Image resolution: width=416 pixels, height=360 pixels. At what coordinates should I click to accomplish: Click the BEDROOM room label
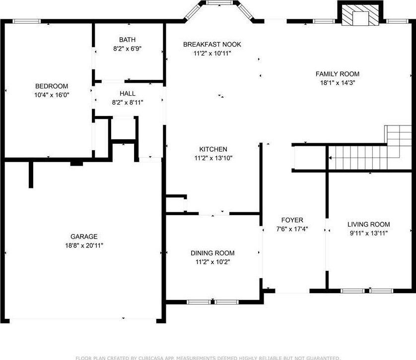point(52,86)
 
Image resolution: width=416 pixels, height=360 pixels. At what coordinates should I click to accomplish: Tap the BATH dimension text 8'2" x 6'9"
point(128,49)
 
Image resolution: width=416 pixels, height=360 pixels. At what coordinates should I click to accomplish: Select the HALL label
point(128,93)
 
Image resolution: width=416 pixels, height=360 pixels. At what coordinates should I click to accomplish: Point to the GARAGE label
point(84,237)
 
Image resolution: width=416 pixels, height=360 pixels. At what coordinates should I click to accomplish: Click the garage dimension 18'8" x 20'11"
point(84,245)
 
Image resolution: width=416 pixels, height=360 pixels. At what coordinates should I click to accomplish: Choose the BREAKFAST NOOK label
point(212,44)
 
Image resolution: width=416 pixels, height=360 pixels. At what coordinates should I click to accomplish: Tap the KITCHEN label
point(213,149)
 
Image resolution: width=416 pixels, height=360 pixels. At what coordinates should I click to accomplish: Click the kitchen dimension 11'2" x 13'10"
point(213,158)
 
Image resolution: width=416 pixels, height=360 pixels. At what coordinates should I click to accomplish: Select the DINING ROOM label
point(212,253)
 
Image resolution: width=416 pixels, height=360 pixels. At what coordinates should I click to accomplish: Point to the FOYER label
point(292,220)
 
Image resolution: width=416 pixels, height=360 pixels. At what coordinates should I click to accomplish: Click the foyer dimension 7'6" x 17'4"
point(292,229)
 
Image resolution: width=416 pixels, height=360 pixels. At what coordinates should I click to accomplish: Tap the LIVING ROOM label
point(369,225)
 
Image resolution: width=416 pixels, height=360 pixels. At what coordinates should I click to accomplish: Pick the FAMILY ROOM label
point(338,74)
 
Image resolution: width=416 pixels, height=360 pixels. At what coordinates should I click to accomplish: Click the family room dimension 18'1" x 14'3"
point(338,83)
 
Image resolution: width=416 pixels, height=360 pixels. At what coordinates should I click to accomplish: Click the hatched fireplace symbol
point(360,16)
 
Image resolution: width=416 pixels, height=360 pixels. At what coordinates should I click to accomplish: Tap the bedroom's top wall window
point(27,21)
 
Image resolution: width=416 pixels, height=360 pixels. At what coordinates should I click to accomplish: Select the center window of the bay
point(219,2)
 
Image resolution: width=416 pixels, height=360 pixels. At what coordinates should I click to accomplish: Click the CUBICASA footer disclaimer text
point(208,358)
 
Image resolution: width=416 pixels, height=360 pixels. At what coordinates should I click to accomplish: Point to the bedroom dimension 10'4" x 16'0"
point(52,95)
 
